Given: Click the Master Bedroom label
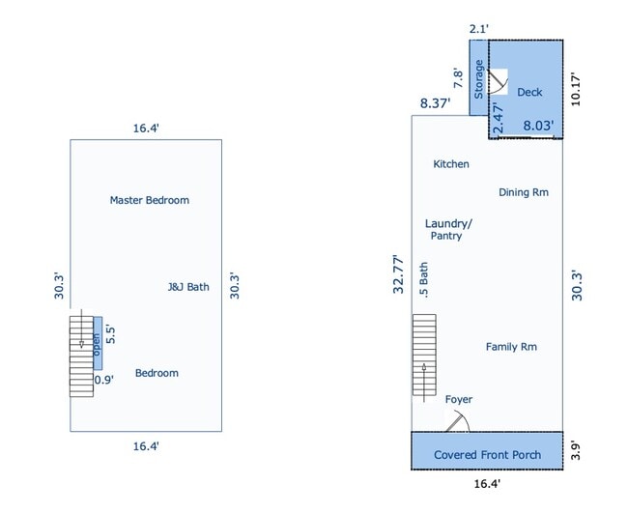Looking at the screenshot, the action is (x=150, y=200).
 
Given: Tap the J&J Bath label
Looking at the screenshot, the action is (x=188, y=287).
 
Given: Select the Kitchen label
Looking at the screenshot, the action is (x=451, y=164).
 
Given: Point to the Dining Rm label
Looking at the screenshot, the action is (x=524, y=192).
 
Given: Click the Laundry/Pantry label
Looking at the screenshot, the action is (x=448, y=230).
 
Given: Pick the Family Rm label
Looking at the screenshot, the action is (x=511, y=347).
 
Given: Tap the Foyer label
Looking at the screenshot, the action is (x=459, y=399).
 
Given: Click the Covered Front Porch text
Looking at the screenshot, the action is (x=487, y=455).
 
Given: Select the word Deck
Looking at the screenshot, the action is (x=529, y=92).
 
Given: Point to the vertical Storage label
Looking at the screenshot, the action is (x=478, y=79).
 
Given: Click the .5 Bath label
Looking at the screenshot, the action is (x=423, y=280).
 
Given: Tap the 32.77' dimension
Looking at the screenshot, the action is (x=398, y=274).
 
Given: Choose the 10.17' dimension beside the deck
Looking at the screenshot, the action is (x=575, y=89).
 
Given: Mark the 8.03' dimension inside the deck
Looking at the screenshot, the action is (x=538, y=126).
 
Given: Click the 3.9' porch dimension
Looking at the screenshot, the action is (x=575, y=450).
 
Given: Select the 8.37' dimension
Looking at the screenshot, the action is (x=435, y=103).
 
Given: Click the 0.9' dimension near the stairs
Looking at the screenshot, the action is (x=104, y=380).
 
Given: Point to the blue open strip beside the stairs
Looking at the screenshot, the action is (x=98, y=343).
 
